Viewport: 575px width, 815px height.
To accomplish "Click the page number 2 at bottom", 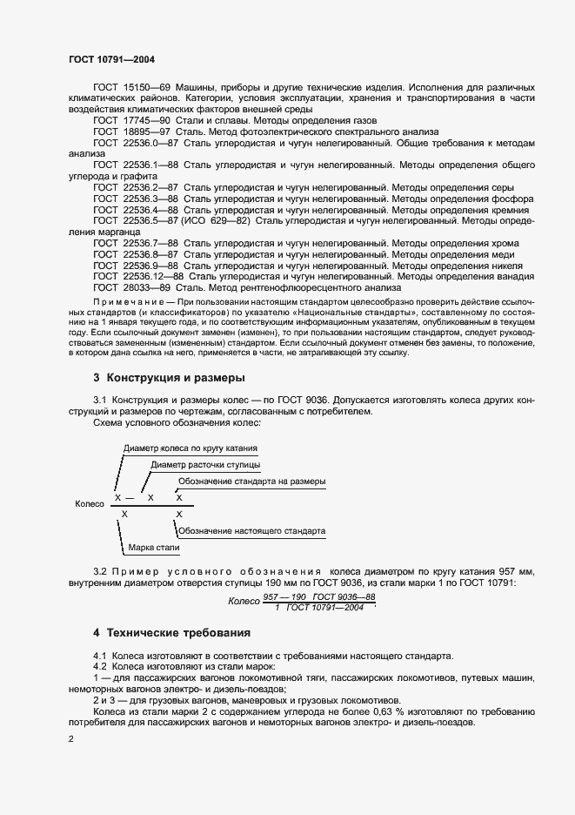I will [71, 739].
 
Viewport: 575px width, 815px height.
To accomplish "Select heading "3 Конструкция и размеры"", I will [169, 378].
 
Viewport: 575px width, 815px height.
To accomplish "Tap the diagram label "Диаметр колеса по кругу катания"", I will [191, 448].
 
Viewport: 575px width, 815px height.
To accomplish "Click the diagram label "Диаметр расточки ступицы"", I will [204, 465].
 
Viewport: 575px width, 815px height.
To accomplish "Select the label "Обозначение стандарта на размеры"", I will [252, 482].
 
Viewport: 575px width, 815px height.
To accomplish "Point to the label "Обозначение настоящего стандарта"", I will [251, 530].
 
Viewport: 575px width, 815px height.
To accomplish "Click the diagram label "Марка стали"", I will [153, 548].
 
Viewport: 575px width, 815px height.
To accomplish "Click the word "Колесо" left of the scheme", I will [90, 502].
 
